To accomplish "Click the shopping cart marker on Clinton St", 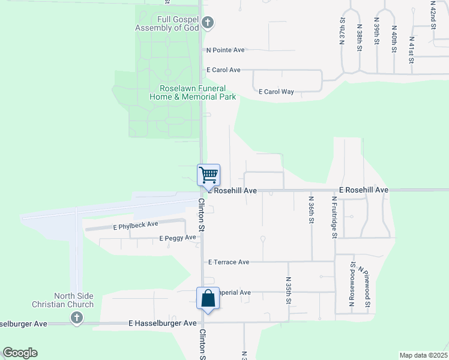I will click(x=208, y=175).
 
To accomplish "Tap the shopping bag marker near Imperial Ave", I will click(x=208, y=298).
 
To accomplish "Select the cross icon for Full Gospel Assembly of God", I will click(x=208, y=23).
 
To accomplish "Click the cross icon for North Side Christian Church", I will click(x=76, y=318).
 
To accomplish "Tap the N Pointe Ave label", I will click(x=226, y=50).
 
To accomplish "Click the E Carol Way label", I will click(x=276, y=92).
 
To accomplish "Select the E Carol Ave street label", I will click(x=223, y=70).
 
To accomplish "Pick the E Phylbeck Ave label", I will click(x=136, y=226).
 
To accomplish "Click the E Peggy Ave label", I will click(x=178, y=238).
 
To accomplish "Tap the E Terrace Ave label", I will click(x=228, y=262).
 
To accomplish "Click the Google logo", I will click(x=20, y=353).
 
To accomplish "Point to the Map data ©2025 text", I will click(x=423, y=355).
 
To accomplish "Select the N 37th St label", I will click(x=342, y=29).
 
